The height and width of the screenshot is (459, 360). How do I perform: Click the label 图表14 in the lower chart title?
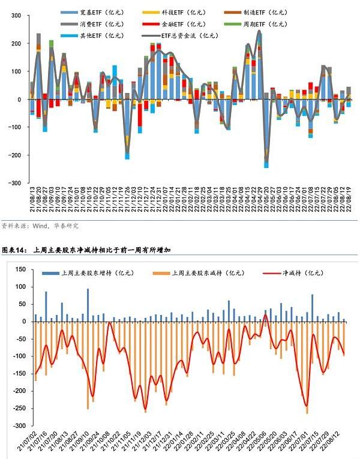15,250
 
